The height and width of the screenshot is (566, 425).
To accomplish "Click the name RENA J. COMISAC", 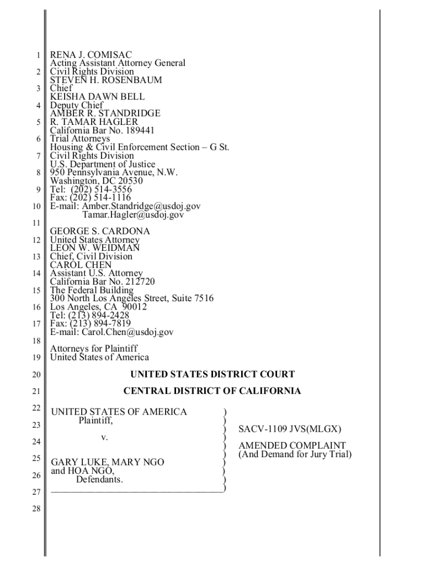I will coord(91,55).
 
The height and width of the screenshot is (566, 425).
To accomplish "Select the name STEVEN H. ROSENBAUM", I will coord(106,80).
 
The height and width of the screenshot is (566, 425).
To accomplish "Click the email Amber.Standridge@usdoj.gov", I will coord(141,206).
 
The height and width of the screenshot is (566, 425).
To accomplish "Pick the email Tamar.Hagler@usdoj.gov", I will coord(133,214).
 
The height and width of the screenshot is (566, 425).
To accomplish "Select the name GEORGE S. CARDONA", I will coord(100,231).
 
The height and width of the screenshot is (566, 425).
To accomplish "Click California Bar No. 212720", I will coord(102,281).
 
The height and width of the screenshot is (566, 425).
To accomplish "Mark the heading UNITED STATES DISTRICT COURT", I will coord(212,374).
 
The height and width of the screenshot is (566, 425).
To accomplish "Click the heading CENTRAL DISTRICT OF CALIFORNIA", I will coord(212,391).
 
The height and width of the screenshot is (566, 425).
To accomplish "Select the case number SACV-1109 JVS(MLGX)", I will coord(290,429).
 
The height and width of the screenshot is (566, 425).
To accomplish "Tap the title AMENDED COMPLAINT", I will coord(292,446).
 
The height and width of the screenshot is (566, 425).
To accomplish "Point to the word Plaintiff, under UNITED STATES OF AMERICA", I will coord(95,421).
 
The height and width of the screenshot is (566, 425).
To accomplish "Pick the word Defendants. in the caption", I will coord(99,479).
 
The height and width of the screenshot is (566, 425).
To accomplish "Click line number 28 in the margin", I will coord(36,509).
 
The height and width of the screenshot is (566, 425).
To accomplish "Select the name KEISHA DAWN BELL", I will coord(97,97).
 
